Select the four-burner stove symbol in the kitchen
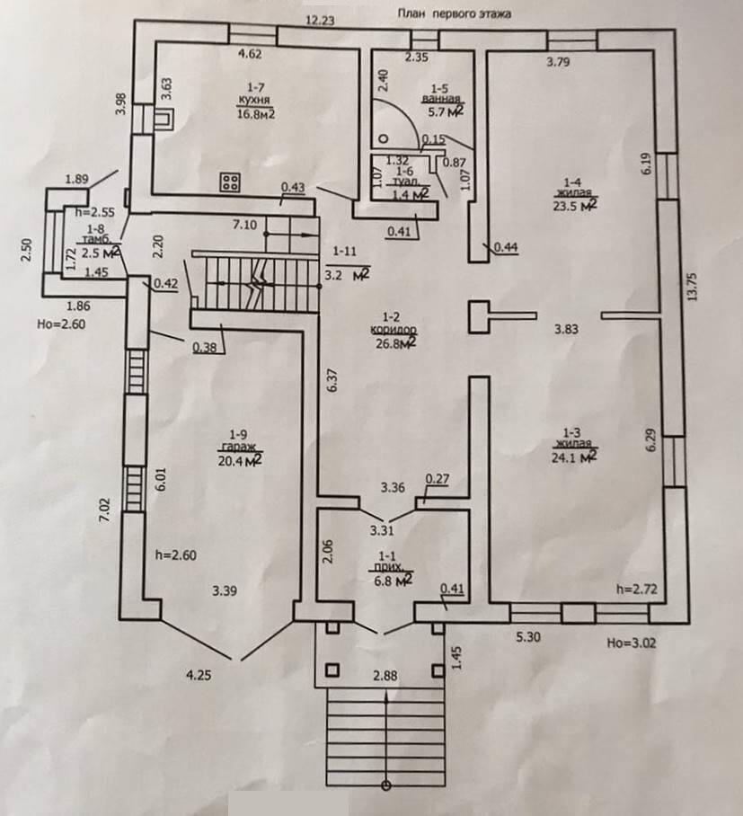pyautogui.click(x=229, y=183)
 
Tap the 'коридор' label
pyautogui.click(x=399, y=330)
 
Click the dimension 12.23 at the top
pyautogui.click(x=321, y=19)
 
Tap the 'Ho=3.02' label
pyautogui.click(x=629, y=643)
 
